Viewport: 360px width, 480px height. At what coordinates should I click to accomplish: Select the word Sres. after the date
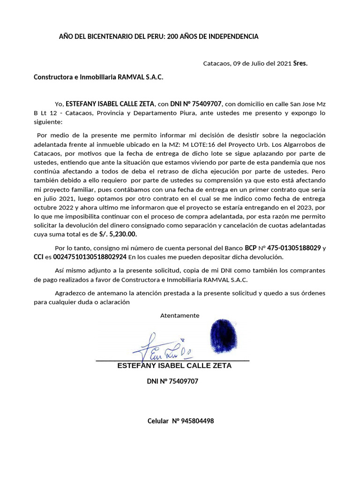click(x=300, y=63)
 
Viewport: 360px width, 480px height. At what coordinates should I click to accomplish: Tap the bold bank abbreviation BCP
click(x=251, y=247)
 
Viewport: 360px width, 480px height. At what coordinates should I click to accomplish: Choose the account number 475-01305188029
click(x=294, y=247)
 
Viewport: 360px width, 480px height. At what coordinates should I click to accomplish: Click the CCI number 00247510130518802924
click(x=90, y=257)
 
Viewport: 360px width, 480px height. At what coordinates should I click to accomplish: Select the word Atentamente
click(x=180, y=315)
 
